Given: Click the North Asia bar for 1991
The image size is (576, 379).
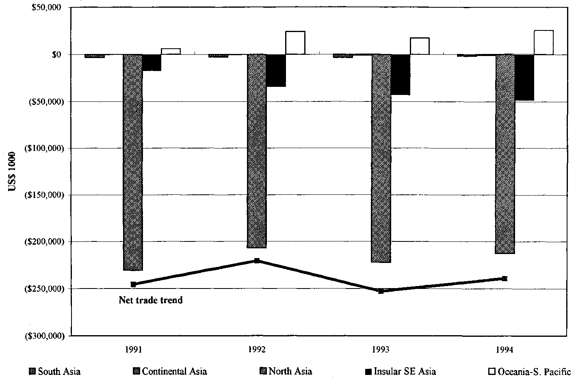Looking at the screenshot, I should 133,162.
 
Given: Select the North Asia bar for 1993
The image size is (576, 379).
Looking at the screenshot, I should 381,158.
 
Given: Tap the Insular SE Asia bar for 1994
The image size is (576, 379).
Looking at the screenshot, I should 524,78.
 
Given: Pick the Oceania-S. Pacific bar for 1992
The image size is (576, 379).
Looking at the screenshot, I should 295,43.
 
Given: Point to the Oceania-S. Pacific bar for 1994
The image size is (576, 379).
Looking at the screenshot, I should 544,42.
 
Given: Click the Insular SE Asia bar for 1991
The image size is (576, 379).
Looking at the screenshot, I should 152,62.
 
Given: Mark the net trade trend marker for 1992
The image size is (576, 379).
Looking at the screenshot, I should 257,261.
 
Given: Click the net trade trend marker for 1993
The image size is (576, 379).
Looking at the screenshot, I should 381,291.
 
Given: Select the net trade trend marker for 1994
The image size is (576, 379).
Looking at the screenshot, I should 505,278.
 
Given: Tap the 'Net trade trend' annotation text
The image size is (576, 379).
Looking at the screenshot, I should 151,300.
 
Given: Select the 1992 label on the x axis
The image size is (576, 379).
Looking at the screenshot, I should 257,349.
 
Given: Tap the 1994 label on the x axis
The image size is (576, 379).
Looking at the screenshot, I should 505,349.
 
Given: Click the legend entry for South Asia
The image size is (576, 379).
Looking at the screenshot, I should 55,371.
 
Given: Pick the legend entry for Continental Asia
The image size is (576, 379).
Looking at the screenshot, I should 170,371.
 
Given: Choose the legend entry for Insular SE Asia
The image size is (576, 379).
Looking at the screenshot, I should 401,371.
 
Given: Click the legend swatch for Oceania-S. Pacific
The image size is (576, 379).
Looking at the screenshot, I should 491,371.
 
